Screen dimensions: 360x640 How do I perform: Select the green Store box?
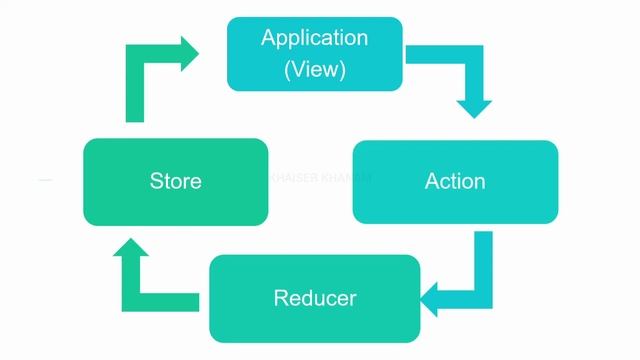(175, 181)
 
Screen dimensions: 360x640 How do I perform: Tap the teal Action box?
(455, 181)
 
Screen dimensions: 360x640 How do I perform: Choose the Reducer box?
(315, 298)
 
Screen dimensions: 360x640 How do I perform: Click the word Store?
(175, 181)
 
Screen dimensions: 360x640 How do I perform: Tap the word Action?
(455, 181)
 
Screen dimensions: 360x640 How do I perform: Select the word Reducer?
(315, 298)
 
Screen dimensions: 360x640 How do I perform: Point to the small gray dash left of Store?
(45, 180)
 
